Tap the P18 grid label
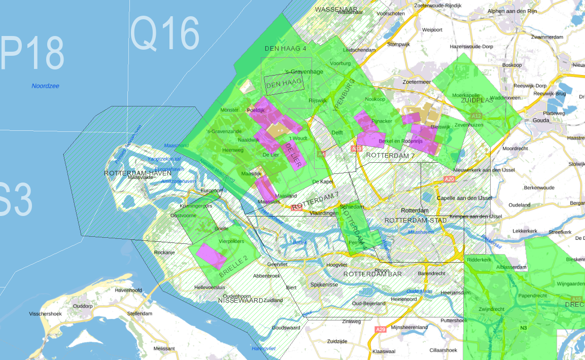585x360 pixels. coord(32,53)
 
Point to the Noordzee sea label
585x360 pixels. coord(45,86)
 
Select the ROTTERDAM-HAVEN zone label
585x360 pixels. coord(137,173)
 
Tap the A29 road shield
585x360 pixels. coord(381,330)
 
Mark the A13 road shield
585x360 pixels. coord(356,149)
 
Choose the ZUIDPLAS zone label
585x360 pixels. coord(476,100)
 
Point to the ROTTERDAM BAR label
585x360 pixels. coord(372,274)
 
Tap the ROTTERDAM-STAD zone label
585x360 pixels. coord(416,221)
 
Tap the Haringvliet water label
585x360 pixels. coord(263,349)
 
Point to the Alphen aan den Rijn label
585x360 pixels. coord(512,11)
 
